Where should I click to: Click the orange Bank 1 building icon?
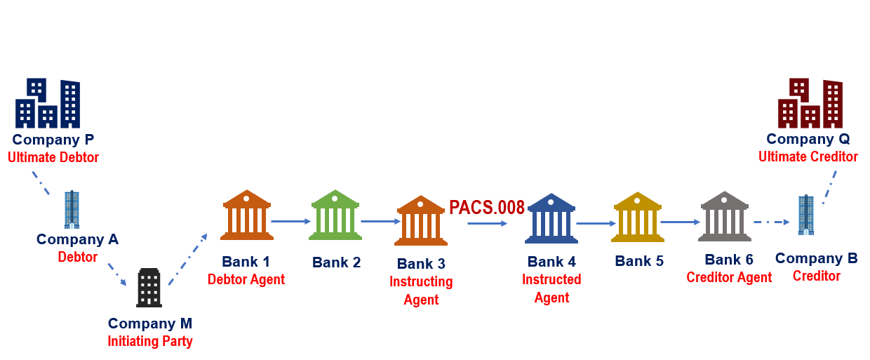click(247, 215)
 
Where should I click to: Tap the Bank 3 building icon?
click(421, 220)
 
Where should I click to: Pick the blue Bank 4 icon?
click(551, 218)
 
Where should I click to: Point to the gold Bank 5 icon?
click(638, 217)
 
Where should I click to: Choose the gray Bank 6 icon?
click(725, 216)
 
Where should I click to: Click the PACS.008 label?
click(487, 208)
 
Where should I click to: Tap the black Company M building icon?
click(149, 288)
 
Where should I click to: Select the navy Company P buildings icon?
click(48, 103)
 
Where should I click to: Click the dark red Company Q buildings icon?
click(810, 104)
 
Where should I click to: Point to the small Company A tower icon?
click(72, 209)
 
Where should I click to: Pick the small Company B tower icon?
click(806, 215)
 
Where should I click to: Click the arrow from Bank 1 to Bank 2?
click(290, 221)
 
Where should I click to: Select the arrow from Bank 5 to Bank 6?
click(680, 222)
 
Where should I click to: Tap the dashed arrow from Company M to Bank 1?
click(188, 260)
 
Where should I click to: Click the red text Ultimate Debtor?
click(53, 158)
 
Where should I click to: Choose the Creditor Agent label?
click(729, 277)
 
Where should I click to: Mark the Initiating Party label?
click(150, 342)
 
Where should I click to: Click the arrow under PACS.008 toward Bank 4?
click(487, 223)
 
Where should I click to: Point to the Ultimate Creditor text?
click(808, 156)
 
